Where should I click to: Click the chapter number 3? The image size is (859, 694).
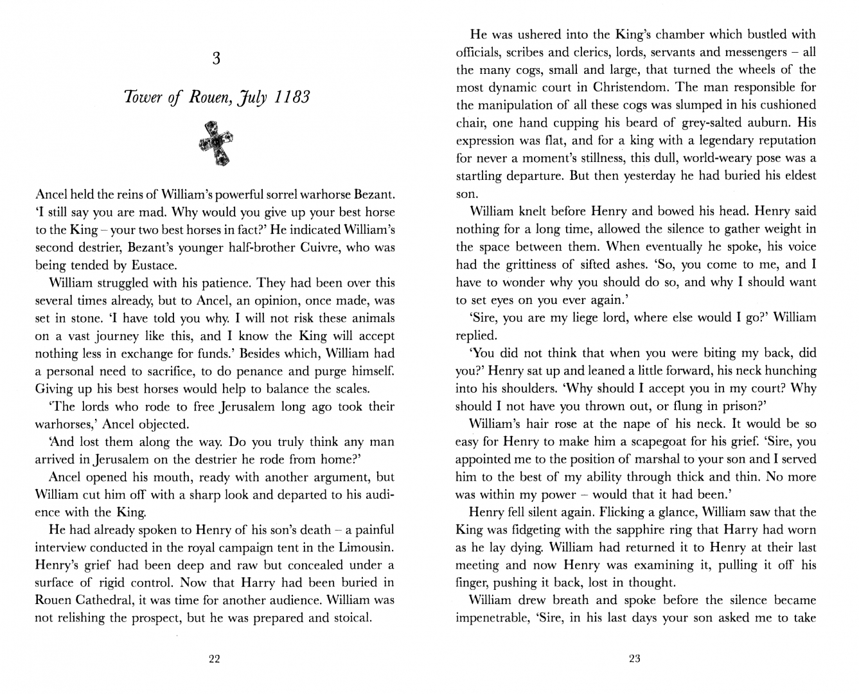216,59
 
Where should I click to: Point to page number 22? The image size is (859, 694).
215,658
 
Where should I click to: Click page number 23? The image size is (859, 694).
635,658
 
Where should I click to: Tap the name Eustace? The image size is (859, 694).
144,265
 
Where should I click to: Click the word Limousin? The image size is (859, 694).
367,547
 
